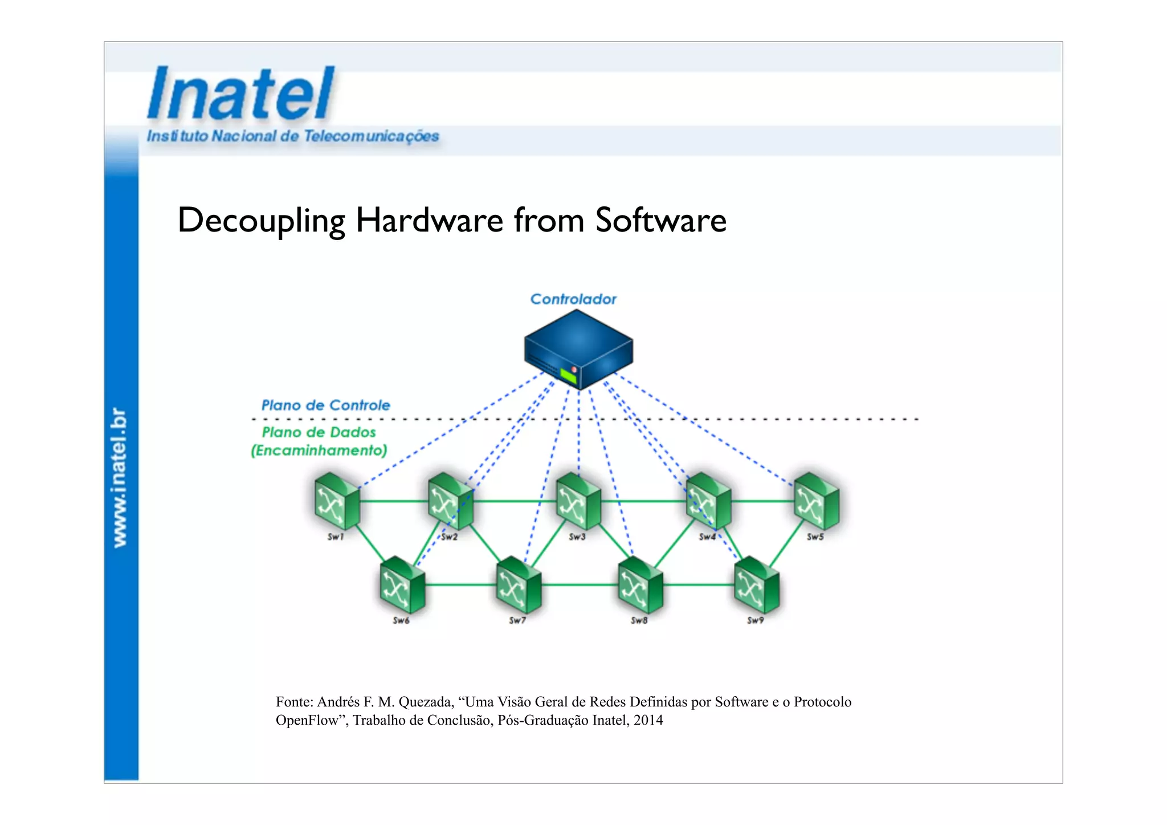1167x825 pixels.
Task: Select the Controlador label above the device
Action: pos(573,299)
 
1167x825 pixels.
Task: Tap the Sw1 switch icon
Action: pos(336,501)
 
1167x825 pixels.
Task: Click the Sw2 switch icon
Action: pos(450,501)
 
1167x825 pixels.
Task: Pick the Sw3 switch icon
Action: pos(578,501)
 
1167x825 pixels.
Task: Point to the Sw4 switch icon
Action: pos(708,501)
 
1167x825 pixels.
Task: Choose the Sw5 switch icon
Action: pos(816,501)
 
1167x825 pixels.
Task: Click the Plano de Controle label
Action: pos(325,405)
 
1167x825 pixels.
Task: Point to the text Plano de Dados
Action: pos(319,432)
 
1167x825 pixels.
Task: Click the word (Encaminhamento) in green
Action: pos(319,450)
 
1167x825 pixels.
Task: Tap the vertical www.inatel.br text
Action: pos(119,478)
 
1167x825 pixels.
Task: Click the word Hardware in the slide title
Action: pos(429,221)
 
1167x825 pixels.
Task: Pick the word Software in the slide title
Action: pos(661,221)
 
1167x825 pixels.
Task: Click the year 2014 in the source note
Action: pos(648,720)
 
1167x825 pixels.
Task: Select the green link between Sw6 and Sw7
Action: pos(460,585)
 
